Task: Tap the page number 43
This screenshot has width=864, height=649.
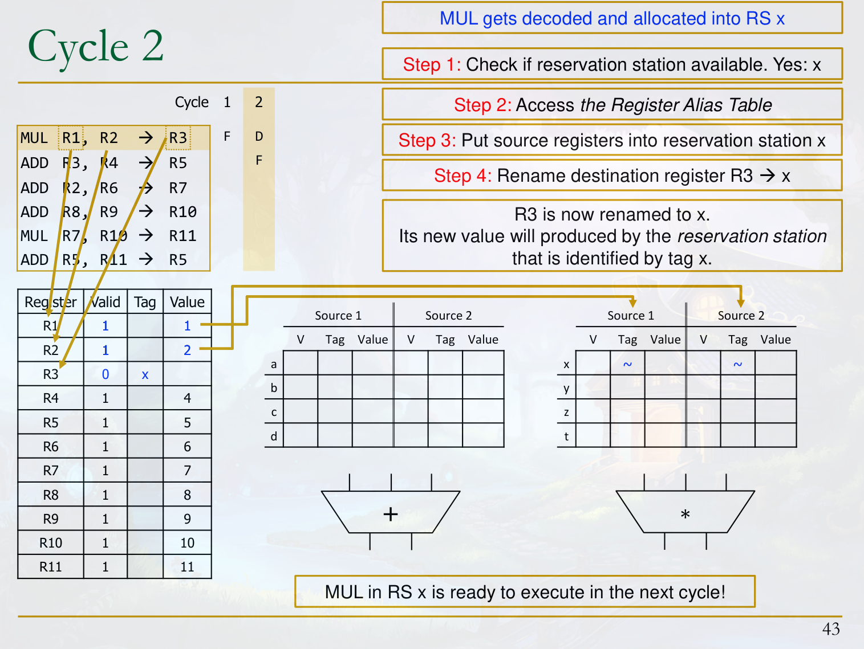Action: click(x=830, y=629)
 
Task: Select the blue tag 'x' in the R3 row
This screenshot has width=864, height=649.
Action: click(x=145, y=374)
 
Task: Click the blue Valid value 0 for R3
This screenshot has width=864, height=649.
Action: click(x=105, y=374)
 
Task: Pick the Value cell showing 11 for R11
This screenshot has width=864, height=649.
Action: click(x=188, y=567)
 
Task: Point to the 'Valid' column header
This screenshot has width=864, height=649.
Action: click(x=105, y=302)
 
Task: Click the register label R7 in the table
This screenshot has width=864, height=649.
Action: click(x=51, y=471)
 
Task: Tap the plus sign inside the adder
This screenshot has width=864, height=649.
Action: click(x=391, y=514)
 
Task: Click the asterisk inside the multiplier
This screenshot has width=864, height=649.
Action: click(x=685, y=514)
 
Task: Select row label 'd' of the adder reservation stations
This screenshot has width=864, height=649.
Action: click(x=274, y=436)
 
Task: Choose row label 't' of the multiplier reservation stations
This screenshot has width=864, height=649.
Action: click(x=566, y=436)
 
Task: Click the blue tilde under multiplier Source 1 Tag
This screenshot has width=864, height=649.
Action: click(x=627, y=364)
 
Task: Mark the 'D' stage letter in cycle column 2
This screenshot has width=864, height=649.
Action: click(x=258, y=136)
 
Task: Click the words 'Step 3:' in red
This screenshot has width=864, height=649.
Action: click(x=427, y=140)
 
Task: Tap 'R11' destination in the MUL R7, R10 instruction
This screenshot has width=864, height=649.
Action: click(x=182, y=236)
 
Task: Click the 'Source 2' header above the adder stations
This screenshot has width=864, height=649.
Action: click(x=448, y=316)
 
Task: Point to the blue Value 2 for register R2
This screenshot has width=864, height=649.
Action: click(x=188, y=350)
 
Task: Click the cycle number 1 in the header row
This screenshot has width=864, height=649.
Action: click(x=227, y=102)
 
